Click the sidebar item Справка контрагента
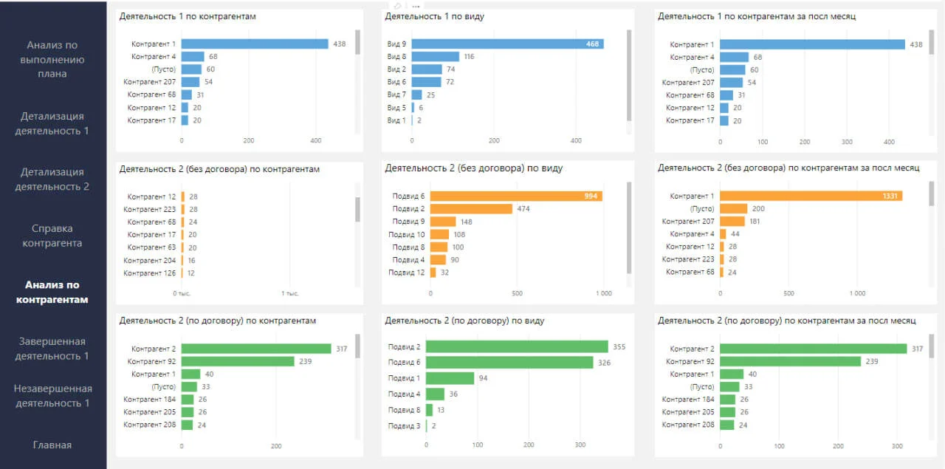52,236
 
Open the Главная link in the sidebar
52,445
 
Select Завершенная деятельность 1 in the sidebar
52,349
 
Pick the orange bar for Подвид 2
471,209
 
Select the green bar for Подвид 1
450,378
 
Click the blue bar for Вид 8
436,57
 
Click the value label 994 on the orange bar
591,196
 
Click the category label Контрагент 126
150,273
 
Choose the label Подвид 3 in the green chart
404,425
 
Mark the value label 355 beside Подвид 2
619,347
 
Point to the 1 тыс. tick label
289,293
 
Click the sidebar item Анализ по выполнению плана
52,60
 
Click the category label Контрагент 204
150,260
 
